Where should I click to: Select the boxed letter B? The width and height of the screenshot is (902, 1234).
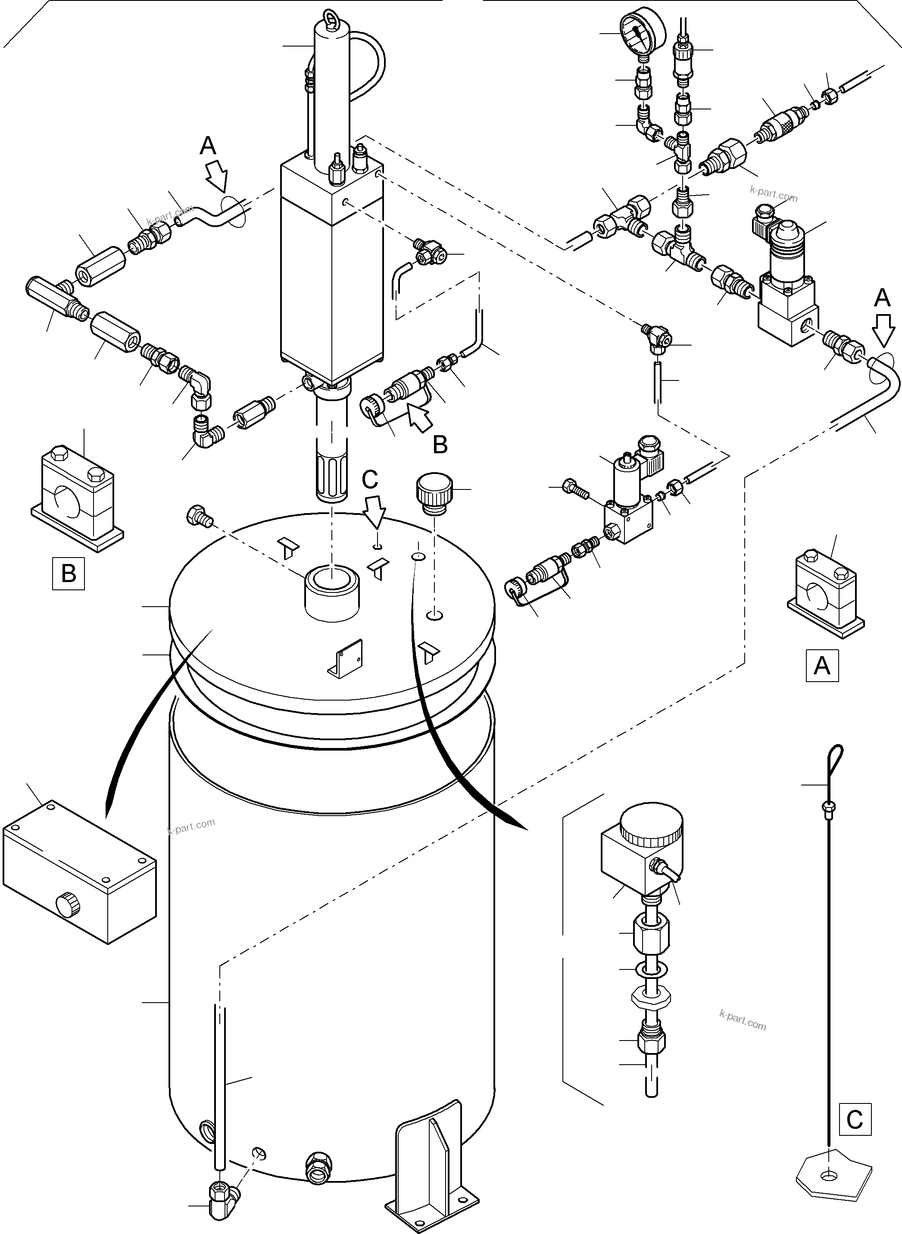click(68, 573)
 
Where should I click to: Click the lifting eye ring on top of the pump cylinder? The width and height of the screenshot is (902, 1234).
click(331, 16)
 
